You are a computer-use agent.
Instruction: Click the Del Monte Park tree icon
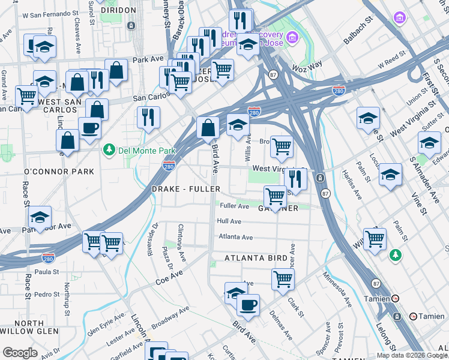coord(109,149)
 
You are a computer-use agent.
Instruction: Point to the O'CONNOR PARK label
coord(59,172)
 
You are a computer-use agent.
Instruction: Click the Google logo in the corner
coord(20,353)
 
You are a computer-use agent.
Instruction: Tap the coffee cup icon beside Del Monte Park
coord(89,128)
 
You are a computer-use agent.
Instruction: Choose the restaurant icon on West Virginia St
coord(295,178)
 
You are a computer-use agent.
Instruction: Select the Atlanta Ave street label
coord(236,237)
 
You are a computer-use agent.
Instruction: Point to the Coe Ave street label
coord(168,277)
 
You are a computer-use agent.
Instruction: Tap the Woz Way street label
coord(307,65)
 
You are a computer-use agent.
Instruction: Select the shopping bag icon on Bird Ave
coord(208,128)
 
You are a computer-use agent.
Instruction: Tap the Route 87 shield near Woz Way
coord(273,74)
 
